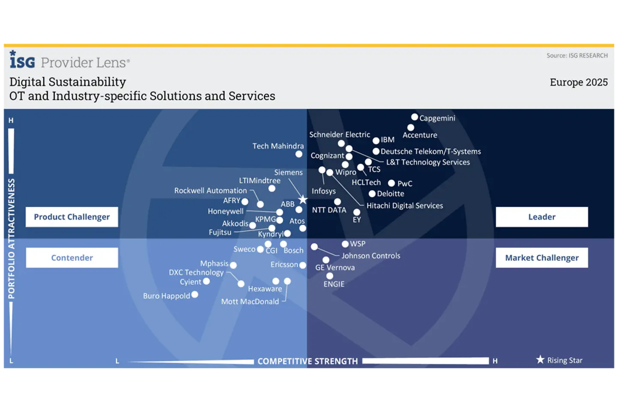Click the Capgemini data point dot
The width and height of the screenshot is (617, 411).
[414, 117]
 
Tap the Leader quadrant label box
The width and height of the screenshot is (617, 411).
[542, 217]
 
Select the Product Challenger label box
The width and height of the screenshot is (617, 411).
[72, 217]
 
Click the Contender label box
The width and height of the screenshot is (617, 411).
[72, 258]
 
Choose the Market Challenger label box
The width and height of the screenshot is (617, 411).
[542, 258]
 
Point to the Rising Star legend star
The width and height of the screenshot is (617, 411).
[540, 360]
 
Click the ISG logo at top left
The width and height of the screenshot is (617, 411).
[22, 60]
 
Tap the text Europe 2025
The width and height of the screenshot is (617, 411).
[578, 82]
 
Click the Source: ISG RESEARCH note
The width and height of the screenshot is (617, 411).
[577, 56]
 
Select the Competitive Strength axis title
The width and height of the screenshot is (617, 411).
[308, 361]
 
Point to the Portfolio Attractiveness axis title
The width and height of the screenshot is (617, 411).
[12, 238]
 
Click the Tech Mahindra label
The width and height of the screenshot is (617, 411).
[278, 146]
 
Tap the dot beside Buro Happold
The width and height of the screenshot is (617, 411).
[195, 295]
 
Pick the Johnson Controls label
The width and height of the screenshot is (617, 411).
[371, 256]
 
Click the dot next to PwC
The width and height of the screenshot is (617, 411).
[391, 183]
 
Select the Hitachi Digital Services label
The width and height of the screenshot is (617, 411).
[404, 205]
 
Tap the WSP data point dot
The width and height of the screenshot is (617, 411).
[345, 244]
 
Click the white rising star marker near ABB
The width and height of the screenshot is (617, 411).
[303, 200]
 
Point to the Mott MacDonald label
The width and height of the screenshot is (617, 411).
[250, 301]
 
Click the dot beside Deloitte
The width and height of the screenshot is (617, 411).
[372, 194]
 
